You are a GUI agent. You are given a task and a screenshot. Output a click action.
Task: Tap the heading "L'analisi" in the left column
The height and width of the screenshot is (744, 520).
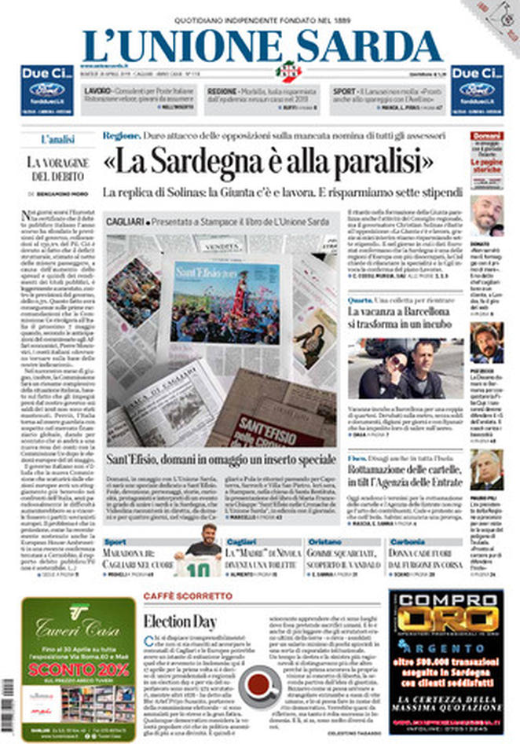[x=57, y=139]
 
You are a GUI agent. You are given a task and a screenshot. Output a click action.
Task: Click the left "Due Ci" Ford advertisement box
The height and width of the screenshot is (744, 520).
[x=46, y=90]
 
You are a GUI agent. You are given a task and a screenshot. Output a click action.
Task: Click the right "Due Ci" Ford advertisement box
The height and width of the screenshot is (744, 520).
[x=477, y=90]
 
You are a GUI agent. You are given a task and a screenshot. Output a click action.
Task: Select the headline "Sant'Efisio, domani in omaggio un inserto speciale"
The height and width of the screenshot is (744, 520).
[x=223, y=458]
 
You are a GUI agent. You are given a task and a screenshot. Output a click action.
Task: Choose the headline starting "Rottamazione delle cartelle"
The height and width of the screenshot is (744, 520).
[x=403, y=469]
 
